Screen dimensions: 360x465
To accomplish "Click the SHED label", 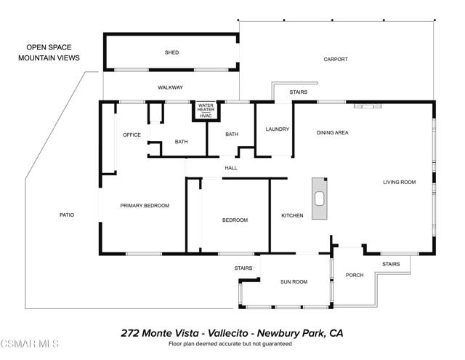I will tap(171, 53).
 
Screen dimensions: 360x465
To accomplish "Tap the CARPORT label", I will tap(336, 60).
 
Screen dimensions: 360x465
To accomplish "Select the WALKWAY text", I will tap(171, 88).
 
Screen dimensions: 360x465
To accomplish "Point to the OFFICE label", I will tap(132, 135).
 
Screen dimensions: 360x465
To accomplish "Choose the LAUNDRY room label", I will tap(278, 129).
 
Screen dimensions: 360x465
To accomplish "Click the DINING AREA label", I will tap(333, 133).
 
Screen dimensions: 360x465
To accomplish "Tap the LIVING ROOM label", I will tap(399, 182).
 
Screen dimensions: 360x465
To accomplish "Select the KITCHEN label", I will tap(292, 216).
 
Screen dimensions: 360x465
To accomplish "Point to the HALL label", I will tap(231, 168).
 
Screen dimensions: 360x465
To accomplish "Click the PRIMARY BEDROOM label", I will tap(145, 206).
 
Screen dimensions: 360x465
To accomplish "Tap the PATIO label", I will tap(67, 215).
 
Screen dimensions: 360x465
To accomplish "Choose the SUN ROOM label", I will tap(294, 281).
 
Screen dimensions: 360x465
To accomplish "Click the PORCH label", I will tap(355, 275).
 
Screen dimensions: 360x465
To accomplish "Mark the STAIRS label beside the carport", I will tap(298, 92).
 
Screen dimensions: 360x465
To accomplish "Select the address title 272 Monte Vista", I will tap(232, 332).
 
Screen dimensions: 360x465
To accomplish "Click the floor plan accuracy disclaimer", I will tap(230, 343).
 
